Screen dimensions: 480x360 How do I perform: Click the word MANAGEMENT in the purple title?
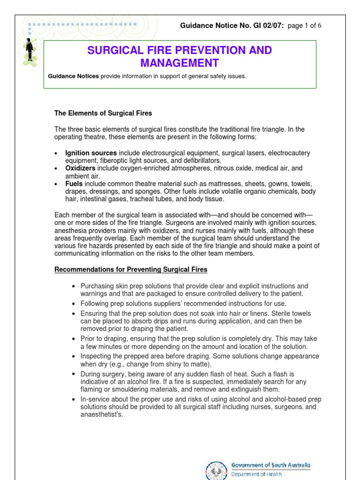[180, 63]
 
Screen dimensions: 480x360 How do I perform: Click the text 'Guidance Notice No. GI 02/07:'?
[232, 25]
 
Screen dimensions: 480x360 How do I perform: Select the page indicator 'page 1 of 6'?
[304, 25]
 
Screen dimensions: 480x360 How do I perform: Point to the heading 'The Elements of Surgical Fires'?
[103, 113]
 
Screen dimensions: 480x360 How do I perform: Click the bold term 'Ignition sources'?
[91, 153]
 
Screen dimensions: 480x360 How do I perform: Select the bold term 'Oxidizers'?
[80, 168]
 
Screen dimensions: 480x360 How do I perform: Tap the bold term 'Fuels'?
[74, 184]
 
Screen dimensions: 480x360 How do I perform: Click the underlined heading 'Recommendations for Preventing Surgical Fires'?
[131, 270]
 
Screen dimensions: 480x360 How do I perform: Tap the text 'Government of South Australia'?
[270, 465]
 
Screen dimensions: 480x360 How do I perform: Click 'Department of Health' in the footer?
[256, 474]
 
